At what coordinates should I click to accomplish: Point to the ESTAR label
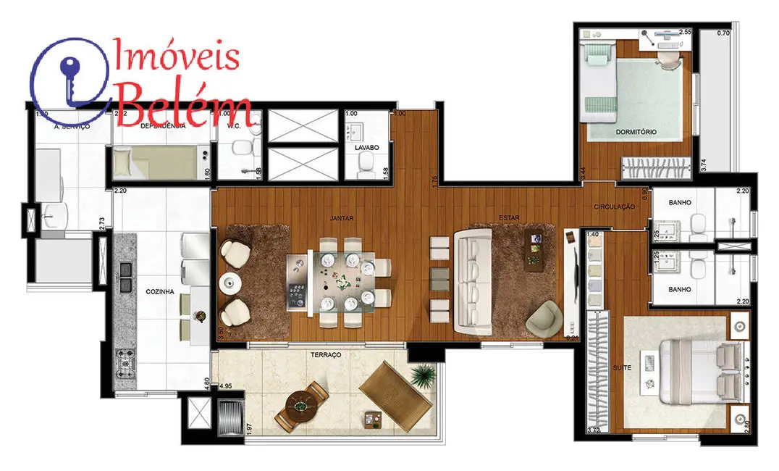pos(507,217)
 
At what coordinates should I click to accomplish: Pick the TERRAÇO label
pos(326,355)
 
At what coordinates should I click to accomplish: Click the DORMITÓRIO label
pos(636,132)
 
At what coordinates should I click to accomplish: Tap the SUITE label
pos(621,367)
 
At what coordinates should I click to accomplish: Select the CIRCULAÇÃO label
pos(614,207)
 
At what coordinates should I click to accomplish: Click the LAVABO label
pos(366,147)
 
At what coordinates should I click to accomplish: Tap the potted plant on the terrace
pos(422,375)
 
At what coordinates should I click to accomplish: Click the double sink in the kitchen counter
pos(125,270)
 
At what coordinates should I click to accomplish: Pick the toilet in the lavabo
pos(366,168)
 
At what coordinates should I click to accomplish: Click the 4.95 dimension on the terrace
pos(225,386)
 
